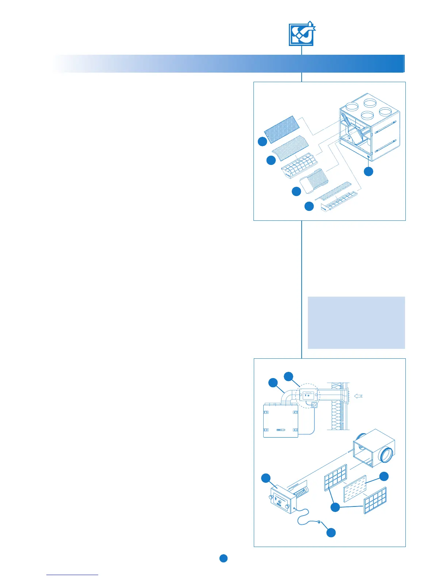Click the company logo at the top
[x=302, y=34]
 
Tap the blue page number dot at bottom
[x=223, y=558]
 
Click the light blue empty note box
[x=356, y=322]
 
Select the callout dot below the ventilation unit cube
[x=369, y=172]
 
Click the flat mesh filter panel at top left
[x=282, y=129]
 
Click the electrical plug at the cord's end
[x=320, y=522]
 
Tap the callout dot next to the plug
[x=331, y=533]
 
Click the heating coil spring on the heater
[x=302, y=494]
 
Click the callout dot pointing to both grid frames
[x=335, y=507]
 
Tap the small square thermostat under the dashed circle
[x=314, y=405]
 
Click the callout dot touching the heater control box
[x=266, y=478]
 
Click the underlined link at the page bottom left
[x=72, y=575]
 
